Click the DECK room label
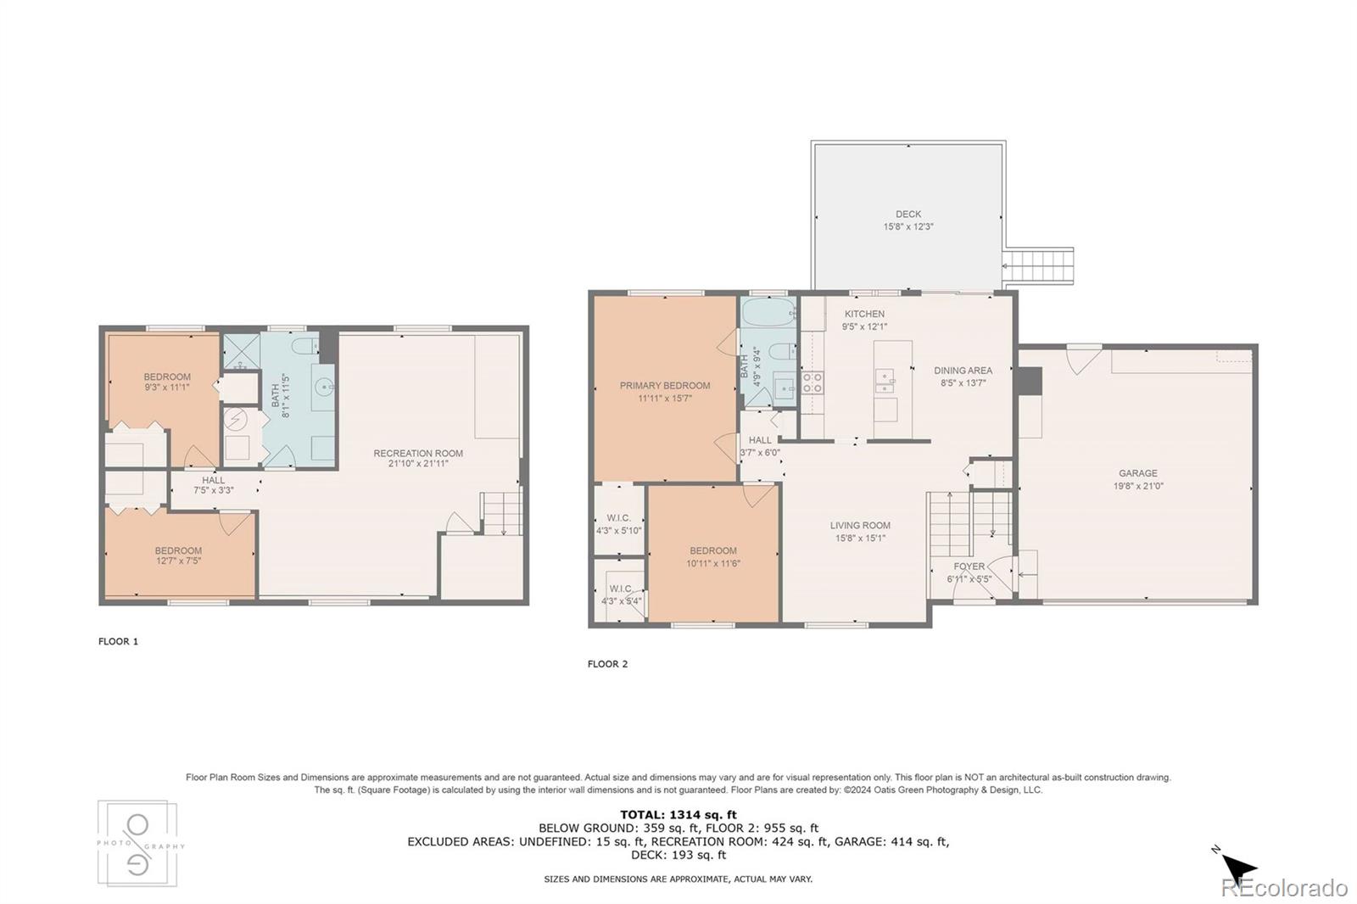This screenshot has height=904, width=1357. pyautogui.click(x=907, y=215)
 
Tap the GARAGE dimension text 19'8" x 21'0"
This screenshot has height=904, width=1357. pyautogui.click(x=1137, y=487)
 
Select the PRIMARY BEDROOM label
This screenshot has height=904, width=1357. pyautogui.click(x=664, y=386)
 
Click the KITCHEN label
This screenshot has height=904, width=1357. pyautogui.click(x=863, y=314)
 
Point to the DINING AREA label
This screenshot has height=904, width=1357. pyautogui.click(x=963, y=371)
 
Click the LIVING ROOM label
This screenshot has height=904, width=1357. pyautogui.click(x=860, y=526)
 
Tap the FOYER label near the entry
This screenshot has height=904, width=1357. pyautogui.click(x=969, y=566)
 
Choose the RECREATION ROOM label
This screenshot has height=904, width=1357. pyautogui.click(x=418, y=454)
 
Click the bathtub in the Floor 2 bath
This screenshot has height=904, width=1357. pyautogui.click(x=768, y=313)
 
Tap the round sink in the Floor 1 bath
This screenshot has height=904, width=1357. pyautogui.click(x=324, y=388)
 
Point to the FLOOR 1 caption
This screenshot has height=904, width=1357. pyautogui.click(x=118, y=642)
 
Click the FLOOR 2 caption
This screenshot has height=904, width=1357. pyautogui.click(x=607, y=664)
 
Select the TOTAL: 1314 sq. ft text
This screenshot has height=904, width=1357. pyautogui.click(x=678, y=815)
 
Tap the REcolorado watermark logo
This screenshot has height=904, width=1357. pyautogui.click(x=1283, y=888)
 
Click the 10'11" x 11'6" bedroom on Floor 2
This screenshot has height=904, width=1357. pyautogui.click(x=712, y=556)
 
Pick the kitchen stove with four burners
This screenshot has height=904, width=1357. pyautogui.click(x=813, y=382)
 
